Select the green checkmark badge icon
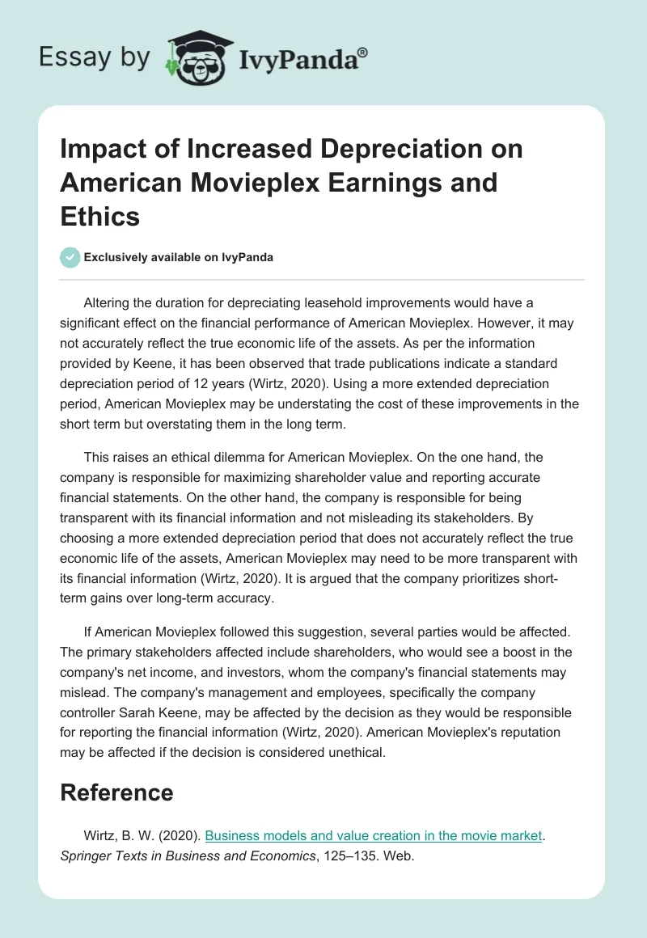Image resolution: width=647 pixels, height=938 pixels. (x=70, y=257)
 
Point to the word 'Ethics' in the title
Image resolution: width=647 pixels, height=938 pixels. (x=100, y=216)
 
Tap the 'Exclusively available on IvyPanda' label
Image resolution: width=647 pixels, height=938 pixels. (x=179, y=257)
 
